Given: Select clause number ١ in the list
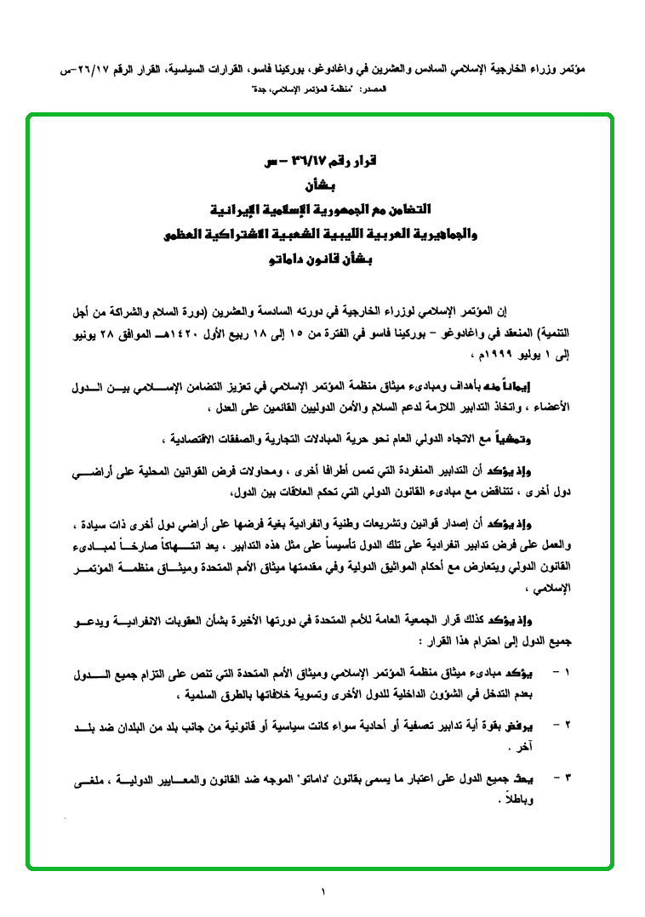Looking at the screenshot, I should (568, 673).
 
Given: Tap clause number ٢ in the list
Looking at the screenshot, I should (568, 725).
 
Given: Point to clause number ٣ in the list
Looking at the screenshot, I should (568, 777).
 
